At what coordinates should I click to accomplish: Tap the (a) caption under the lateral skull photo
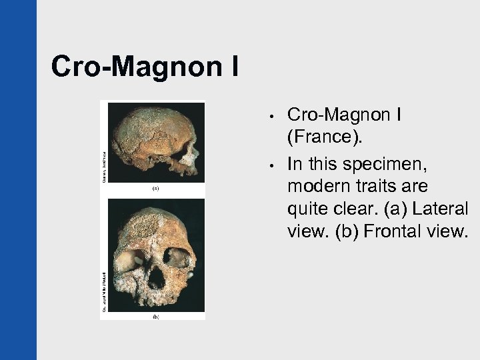[x=155, y=189]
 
